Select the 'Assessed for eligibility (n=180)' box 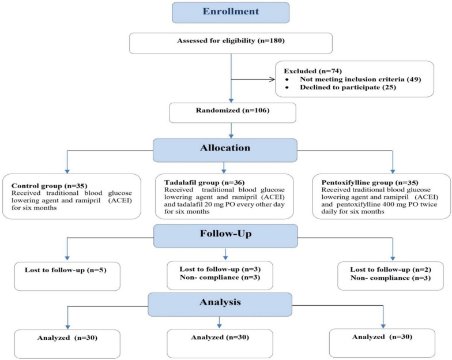[x=231, y=43]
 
